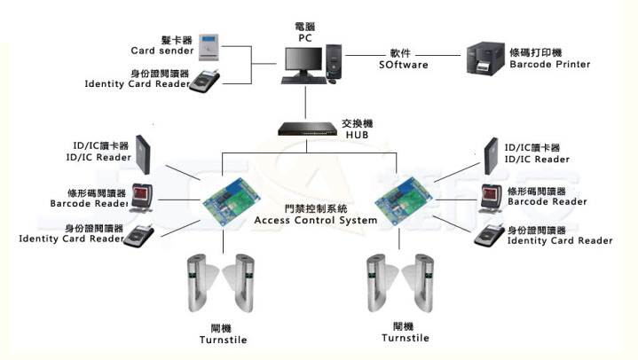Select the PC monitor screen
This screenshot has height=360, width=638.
click(x=303, y=59)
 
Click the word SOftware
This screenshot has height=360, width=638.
click(x=404, y=65)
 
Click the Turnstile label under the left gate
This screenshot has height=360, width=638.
click(x=224, y=340)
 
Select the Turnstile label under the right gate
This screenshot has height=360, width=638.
click(x=406, y=338)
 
